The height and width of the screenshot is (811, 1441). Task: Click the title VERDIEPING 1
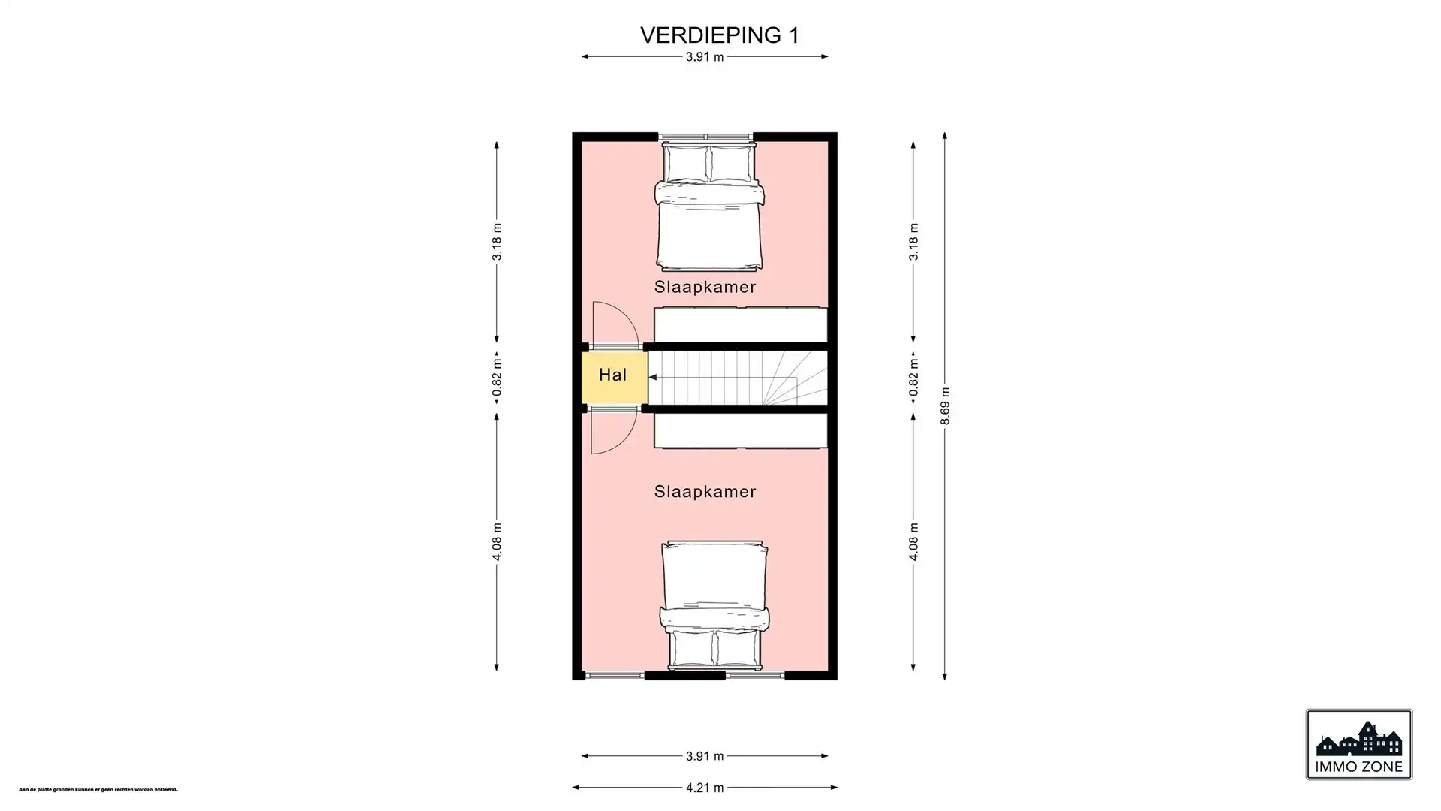coord(719,35)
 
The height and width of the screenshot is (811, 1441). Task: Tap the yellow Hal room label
coord(612,375)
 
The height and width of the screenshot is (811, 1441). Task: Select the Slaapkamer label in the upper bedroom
coord(705,287)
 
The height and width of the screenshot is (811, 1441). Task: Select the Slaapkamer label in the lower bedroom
coord(705,492)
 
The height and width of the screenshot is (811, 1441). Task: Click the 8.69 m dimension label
coord(945,406)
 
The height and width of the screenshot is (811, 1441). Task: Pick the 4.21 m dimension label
coord(705,788)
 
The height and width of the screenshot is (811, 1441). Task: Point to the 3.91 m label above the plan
coord(705,57)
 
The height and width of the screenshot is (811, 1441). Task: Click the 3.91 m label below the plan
coord(705,756)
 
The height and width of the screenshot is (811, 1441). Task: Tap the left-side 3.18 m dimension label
coord(497,242)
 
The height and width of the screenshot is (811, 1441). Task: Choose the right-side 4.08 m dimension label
coord(913,541)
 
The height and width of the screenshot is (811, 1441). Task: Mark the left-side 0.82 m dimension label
coord(497,378)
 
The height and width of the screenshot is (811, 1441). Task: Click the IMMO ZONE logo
coord(1358,745)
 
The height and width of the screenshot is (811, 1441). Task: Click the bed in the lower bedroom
coord(714,601)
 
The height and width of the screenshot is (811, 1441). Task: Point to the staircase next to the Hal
coord(736,378)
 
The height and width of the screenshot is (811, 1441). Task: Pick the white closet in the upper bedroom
coord(740,324)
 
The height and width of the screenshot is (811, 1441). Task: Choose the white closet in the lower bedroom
coord(740,431)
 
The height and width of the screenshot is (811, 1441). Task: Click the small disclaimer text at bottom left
coord(98,790)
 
